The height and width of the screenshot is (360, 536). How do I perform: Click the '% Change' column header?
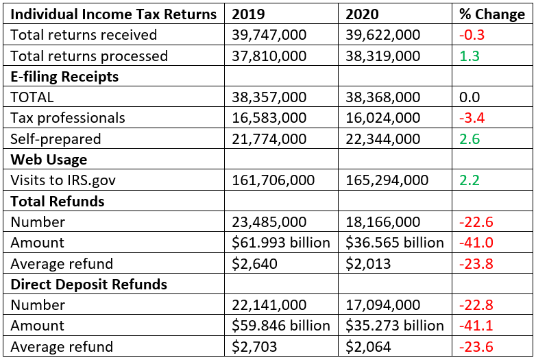[x=492, y=14]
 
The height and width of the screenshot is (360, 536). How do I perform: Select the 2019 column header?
[x=249, y=14]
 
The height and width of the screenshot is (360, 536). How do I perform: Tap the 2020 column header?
[x=363, y=14]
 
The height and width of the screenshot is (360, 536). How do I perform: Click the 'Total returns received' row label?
[x=84, y=35]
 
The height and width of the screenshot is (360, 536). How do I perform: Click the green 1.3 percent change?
[x=470, y=56]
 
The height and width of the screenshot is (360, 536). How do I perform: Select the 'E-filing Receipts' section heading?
[x=64, y=77]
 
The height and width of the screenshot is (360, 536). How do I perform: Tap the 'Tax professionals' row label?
[x=68, y=118]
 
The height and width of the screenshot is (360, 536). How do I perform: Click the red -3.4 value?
[x=472, y=118]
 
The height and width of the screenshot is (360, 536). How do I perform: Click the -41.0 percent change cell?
[x=476, y=243]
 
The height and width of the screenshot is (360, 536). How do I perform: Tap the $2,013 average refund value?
[x=366, y=263]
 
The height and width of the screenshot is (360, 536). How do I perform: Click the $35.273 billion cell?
[x=395, y=326]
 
